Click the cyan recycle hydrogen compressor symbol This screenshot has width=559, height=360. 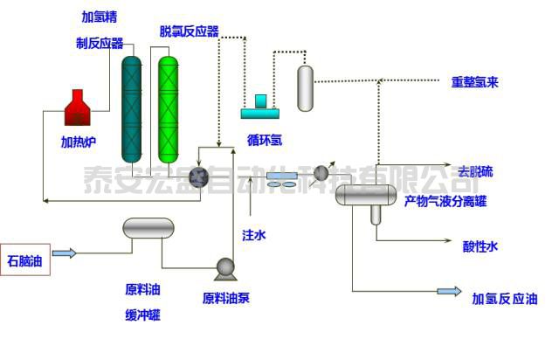(x=259, y=107)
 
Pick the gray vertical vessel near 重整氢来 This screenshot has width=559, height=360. (x=305, y=88)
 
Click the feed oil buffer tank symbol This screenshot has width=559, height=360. (x=148, y=229)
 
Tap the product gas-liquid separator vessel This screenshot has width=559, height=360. (x=367, y=194)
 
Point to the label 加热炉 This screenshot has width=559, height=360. (x=79, y=141)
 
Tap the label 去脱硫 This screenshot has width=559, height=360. (x=475, y=171)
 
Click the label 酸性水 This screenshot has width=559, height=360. (x=480, y=246)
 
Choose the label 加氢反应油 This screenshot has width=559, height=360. (x=505, y=297)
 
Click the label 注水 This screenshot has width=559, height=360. (x=252, y=234)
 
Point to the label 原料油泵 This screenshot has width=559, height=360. (x=226, y=297)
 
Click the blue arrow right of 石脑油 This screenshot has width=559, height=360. (x=65, y=253)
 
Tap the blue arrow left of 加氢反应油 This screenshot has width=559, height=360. (x=449, y=291)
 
